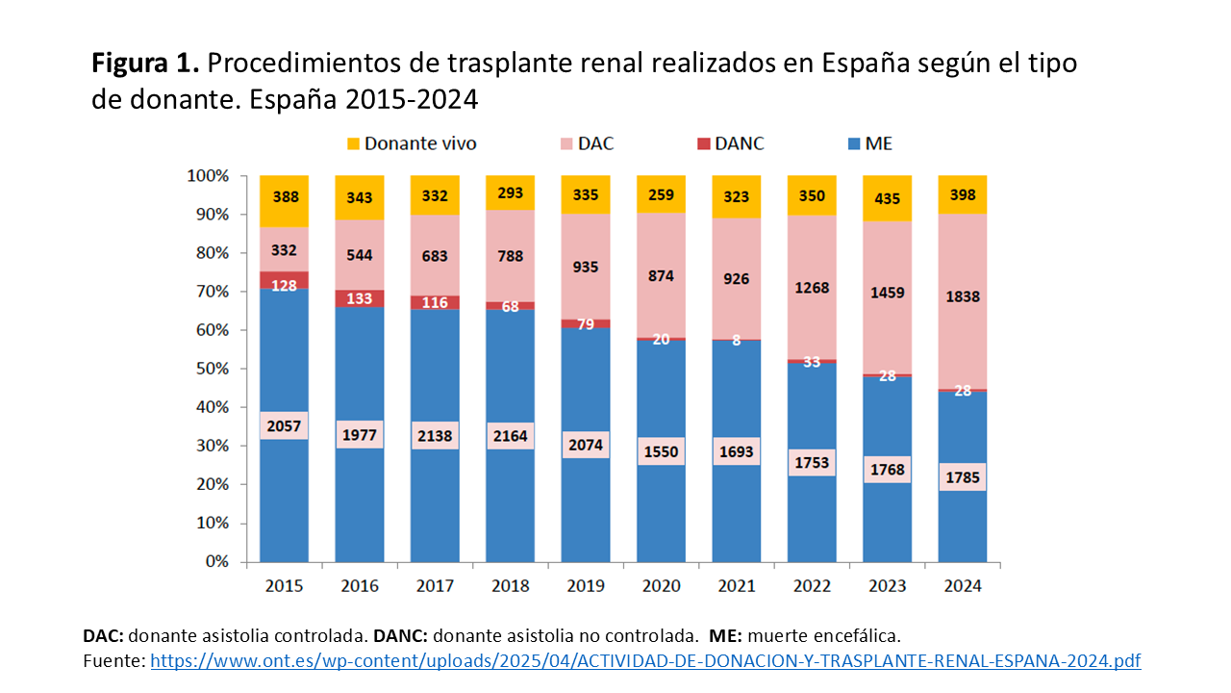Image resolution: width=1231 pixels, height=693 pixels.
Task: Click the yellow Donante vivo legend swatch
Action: [x=354, y=144]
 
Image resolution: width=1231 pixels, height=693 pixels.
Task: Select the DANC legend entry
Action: [x=740, y=144]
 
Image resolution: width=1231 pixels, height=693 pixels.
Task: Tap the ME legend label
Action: [x=878, y=144]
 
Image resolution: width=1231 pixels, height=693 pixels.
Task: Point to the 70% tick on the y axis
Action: [x=209, y=292]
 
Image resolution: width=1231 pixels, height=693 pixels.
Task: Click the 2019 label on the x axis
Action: [x=586, y=585]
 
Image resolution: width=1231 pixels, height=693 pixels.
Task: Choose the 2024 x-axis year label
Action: [x=963, y=585]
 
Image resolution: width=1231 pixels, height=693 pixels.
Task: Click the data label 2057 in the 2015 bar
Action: [x=284, y=425]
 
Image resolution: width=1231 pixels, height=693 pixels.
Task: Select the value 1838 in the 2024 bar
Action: [x=963, y=296]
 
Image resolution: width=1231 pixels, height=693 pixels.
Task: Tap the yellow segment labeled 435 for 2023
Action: [x=887, y=197]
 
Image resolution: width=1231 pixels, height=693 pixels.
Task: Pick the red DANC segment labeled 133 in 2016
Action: [x=360, y=298]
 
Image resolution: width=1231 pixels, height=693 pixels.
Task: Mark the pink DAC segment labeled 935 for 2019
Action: [x=586, y=267]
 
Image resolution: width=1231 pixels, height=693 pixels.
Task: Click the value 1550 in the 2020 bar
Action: [x=661, y=451]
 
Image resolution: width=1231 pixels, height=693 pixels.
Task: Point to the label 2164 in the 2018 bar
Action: [x=510, y=435]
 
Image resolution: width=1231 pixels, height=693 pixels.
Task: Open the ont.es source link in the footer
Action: [x=645, y=661]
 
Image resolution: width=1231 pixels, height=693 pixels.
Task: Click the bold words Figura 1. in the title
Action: [x=145, y=64]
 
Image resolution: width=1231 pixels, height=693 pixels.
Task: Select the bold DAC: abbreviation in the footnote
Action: [x=104, y=636]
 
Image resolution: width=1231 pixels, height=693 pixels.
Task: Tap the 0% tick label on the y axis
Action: [x=214, y=562]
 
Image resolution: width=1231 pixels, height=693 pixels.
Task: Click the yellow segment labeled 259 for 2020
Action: [x=661, y=195]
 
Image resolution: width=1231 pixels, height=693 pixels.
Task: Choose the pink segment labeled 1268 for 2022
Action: [x=812, y=287]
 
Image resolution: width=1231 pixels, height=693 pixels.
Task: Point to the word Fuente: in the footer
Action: [x=114, y=661]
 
